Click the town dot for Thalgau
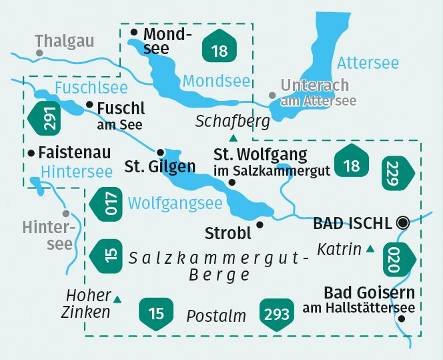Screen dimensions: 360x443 (40, 53)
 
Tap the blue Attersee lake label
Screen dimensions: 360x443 (368, 63)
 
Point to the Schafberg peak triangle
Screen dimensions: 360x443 (233, 138)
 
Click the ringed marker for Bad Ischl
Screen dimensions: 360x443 (402, 223)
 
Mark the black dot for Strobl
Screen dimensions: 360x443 (260, 224)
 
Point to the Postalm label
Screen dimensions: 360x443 (216, 316)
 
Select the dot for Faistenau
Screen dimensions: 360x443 (31, 153)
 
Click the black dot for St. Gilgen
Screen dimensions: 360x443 (160, 151)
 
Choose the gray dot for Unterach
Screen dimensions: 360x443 (272, 96)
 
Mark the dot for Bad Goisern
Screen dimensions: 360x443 (401, 319)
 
